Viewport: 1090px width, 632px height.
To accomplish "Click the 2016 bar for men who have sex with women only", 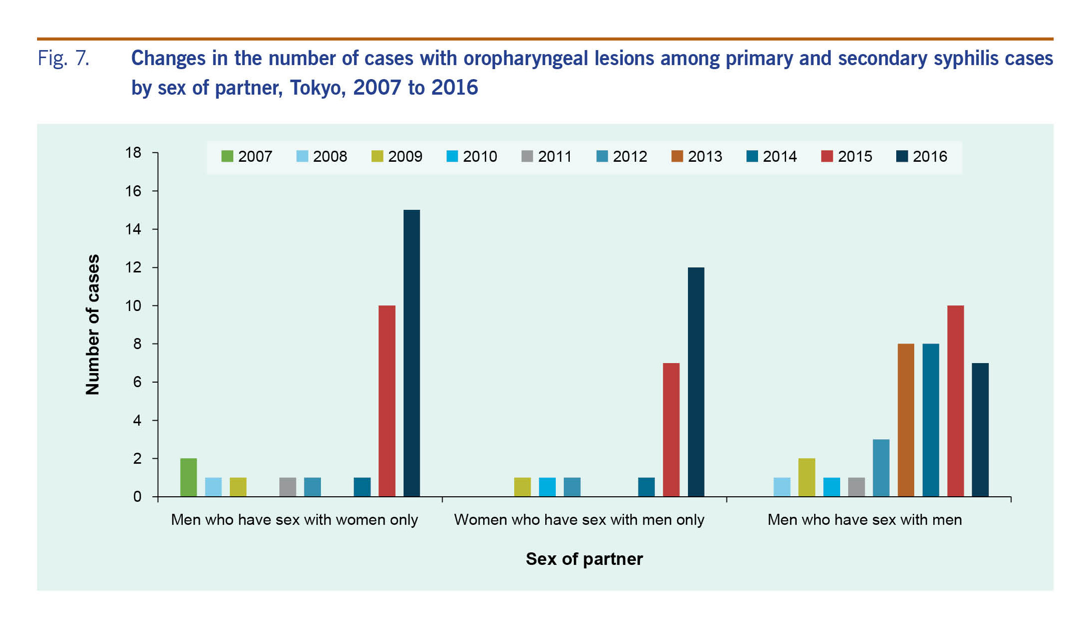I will [412, 353].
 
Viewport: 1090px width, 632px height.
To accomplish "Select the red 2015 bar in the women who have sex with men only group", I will [671, 430].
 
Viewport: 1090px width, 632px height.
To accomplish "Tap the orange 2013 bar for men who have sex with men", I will [906, 420].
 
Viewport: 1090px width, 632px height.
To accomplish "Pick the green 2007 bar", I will [188, 477].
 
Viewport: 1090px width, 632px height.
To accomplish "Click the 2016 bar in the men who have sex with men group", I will [980, 430].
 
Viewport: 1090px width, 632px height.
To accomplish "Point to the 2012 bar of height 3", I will [881, 468].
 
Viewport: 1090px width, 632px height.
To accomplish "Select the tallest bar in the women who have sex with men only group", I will [696, 382].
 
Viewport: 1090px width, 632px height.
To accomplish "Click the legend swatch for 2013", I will [677, 156].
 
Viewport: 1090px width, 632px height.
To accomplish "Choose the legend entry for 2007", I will [246, 156].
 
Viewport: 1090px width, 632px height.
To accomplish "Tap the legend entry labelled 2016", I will [921, 156].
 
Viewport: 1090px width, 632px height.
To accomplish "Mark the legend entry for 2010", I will [471, 156].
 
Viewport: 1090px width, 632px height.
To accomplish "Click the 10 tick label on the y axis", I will [134, 305].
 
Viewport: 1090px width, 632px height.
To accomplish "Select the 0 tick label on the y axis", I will [137, 497].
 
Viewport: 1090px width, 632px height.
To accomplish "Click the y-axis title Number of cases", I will [93, 325].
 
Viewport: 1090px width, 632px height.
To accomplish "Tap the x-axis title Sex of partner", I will [584, 559].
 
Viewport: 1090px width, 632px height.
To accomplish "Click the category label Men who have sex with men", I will [864, 520].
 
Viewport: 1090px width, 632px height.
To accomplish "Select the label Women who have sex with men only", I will [579, 520].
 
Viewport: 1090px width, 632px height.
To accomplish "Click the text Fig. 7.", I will [64, 59].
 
